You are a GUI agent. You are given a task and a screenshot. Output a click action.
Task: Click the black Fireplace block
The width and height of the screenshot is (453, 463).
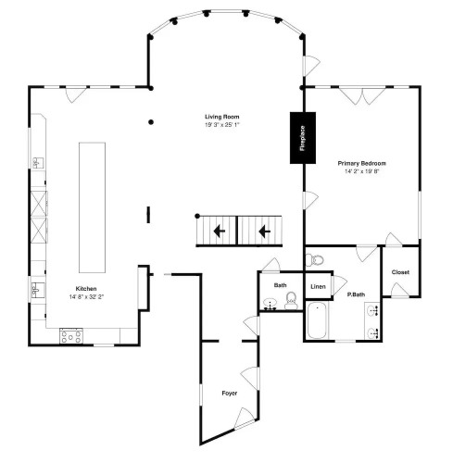click(303, 138)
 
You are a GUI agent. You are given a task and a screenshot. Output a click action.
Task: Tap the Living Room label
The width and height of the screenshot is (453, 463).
click(222, 117)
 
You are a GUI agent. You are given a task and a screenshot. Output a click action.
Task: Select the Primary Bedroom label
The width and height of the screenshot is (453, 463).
click(361, 163)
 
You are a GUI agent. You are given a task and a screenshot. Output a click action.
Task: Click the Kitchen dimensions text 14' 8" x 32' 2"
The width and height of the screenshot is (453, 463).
click(86, 297)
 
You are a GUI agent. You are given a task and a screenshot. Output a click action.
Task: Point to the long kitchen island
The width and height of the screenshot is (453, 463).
click(92, 207)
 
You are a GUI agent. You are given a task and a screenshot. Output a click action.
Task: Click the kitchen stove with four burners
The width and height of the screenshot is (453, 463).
click(71, 336)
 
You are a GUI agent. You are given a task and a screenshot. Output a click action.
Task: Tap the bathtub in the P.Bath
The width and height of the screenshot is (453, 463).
click(317, 321)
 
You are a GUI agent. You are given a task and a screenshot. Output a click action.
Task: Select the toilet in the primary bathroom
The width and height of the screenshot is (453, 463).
click(315, 260)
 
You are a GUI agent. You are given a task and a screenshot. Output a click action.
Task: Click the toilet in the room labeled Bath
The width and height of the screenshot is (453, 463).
click(291, 301)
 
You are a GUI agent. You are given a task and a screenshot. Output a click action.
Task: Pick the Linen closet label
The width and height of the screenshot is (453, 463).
click(318, 287)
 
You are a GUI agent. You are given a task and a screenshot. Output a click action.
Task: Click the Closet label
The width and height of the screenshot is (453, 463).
click(400, 272)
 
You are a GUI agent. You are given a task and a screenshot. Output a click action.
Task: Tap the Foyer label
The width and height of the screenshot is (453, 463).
click(230, 394)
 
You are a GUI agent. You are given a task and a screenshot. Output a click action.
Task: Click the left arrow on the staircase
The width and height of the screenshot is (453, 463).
click(220, 231)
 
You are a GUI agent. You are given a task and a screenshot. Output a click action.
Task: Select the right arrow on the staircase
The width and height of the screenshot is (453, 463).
click(264, 231)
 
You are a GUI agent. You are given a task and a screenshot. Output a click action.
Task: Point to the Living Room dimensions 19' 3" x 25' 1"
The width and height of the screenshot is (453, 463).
click(222, 125)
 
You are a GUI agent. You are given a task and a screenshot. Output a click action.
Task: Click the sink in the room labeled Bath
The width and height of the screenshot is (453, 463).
click(271, 304)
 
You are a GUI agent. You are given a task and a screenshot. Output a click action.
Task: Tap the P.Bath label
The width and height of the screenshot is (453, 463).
click(356, 294)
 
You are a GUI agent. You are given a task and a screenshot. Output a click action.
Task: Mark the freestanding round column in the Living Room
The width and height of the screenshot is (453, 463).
click(151, 122)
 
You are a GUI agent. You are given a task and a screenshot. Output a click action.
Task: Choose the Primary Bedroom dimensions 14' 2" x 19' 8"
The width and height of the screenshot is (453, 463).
click(361, 171)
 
